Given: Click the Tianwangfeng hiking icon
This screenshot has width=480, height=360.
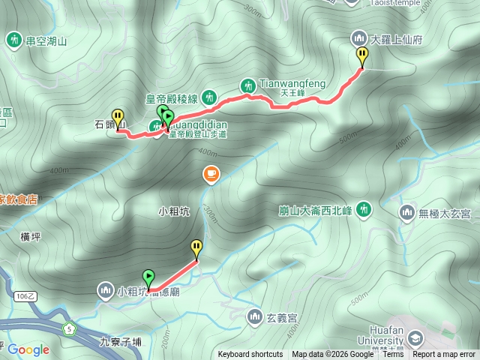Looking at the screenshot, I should point(248,86).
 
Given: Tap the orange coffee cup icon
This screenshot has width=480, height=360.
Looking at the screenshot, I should point(211,175).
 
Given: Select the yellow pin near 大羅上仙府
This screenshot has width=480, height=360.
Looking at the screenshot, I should point(362,55).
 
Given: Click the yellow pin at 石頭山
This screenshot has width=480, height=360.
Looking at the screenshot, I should point(118,117).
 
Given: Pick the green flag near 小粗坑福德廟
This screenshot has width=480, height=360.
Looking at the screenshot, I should point(148,277).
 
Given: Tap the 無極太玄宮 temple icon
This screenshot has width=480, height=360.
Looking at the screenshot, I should point(407,213).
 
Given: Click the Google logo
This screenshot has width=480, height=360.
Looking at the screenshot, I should point(28,349).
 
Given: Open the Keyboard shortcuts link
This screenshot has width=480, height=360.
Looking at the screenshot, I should point(250,355).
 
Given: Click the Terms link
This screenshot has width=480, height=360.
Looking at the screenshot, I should point(393,355).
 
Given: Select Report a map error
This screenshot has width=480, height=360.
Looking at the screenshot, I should point(444,355).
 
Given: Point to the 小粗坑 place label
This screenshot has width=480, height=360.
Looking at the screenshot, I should point(175,212).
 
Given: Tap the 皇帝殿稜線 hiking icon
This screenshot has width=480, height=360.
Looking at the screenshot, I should point(210,97).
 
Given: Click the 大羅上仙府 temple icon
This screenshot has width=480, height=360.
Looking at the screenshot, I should point(359,37).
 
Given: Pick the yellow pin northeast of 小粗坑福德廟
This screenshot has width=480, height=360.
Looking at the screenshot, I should point(196,247).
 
